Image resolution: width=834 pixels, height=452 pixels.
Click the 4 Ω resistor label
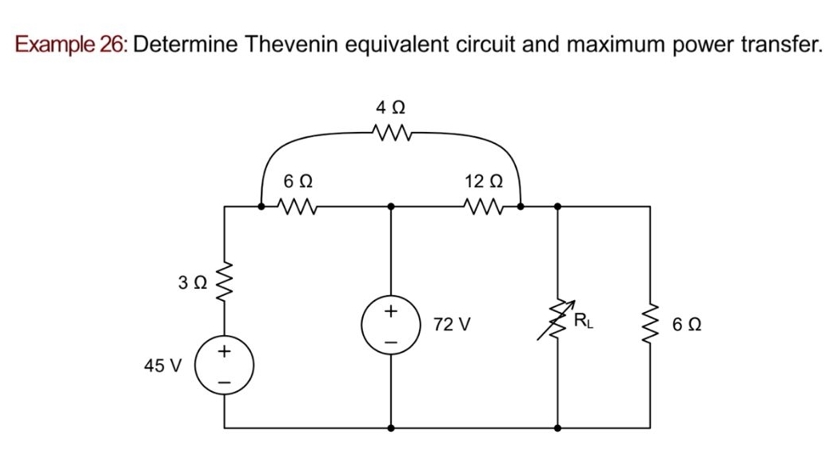389,106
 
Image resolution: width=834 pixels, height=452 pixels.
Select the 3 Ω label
194,282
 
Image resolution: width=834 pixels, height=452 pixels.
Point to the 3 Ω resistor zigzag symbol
224,282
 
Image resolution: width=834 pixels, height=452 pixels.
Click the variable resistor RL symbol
557,324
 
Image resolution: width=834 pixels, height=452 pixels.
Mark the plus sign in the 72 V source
391,310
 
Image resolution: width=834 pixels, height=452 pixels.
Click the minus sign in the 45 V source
225,381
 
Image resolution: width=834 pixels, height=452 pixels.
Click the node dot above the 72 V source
391,206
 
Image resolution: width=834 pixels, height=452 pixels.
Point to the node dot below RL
557,428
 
